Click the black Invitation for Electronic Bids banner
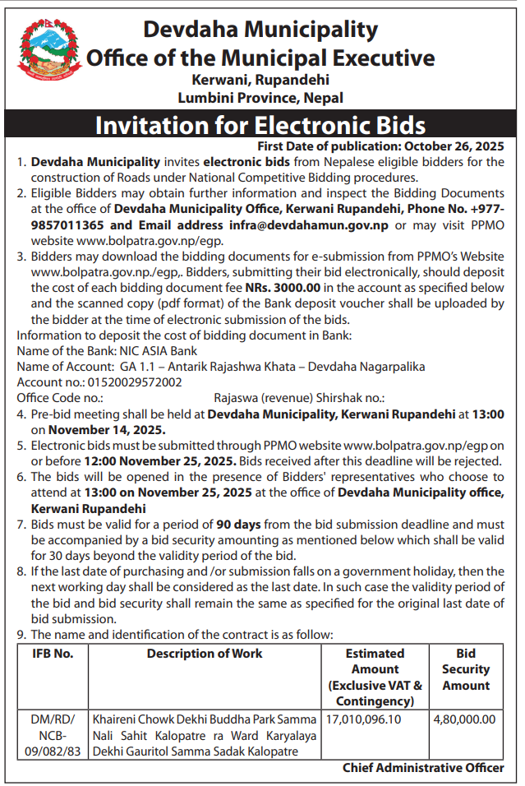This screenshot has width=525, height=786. click(261, 125)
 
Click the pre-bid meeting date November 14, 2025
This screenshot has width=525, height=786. click(107, 428)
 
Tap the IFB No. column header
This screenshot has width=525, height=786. click(53, 654)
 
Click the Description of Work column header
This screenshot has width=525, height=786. click(205, 654)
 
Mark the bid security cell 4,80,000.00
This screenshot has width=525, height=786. click(465, 719)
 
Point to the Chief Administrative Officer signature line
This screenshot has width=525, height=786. click(423, 768)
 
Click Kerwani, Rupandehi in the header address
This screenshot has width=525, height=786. click(260, 81)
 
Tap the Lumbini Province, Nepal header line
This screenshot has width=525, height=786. click(260, 98)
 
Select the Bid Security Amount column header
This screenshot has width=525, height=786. click(466, 669)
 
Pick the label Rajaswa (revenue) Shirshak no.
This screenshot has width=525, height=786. click(299, 397)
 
